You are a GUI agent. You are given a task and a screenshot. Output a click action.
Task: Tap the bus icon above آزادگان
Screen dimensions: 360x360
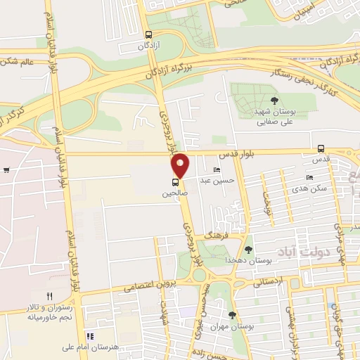(x=148, y=34)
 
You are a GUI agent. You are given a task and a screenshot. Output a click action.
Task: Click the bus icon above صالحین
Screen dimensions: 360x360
(x=174, y=181)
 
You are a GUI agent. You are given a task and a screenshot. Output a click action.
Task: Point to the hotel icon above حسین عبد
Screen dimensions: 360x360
(x=216, y=170)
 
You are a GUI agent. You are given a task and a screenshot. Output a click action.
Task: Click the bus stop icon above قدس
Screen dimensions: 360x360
(x=321, y=148)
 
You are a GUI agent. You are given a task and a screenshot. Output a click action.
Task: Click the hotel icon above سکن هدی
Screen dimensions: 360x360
(x=309, y=177)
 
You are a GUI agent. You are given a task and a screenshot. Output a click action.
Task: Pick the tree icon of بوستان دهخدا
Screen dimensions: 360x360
(x=247, y=249)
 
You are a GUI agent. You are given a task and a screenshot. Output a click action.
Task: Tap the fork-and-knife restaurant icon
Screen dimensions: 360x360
(x=49, y=296)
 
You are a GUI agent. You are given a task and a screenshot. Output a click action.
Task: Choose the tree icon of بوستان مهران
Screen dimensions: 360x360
(x=232, y=314)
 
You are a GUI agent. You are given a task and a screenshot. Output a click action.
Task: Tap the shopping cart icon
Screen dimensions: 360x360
(x=6, y=169)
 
